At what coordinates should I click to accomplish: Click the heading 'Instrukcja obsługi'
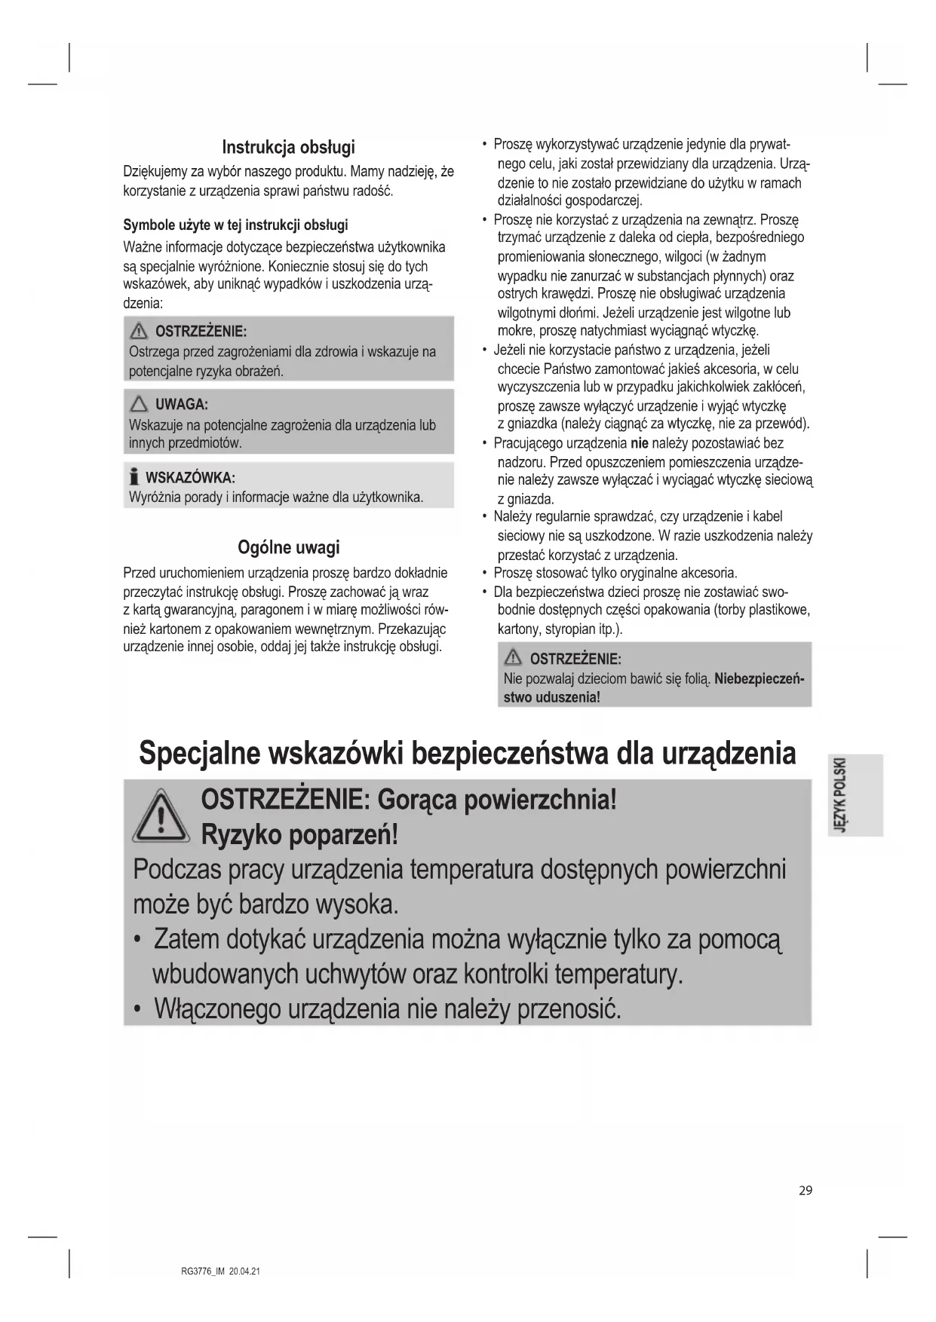288,147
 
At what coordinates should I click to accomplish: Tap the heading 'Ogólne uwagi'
288,547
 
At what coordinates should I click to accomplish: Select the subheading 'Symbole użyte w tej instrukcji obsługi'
235,225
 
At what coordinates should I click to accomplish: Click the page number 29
806,1191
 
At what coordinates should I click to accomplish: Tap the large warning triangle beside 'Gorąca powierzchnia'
161,816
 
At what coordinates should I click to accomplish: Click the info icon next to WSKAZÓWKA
134,477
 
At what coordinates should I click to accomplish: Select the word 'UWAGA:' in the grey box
181,405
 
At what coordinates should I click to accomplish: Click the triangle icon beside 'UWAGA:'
140,405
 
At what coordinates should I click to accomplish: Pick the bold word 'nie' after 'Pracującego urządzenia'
639,443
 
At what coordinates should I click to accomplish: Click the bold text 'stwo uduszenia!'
551,697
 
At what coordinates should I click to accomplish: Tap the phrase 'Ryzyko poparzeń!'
299,835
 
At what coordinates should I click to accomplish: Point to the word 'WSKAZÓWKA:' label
190,478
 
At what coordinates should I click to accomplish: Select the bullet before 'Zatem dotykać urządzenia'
137,940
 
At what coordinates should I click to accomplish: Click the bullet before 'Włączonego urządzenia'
137,1009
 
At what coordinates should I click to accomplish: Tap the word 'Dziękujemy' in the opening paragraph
155,172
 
